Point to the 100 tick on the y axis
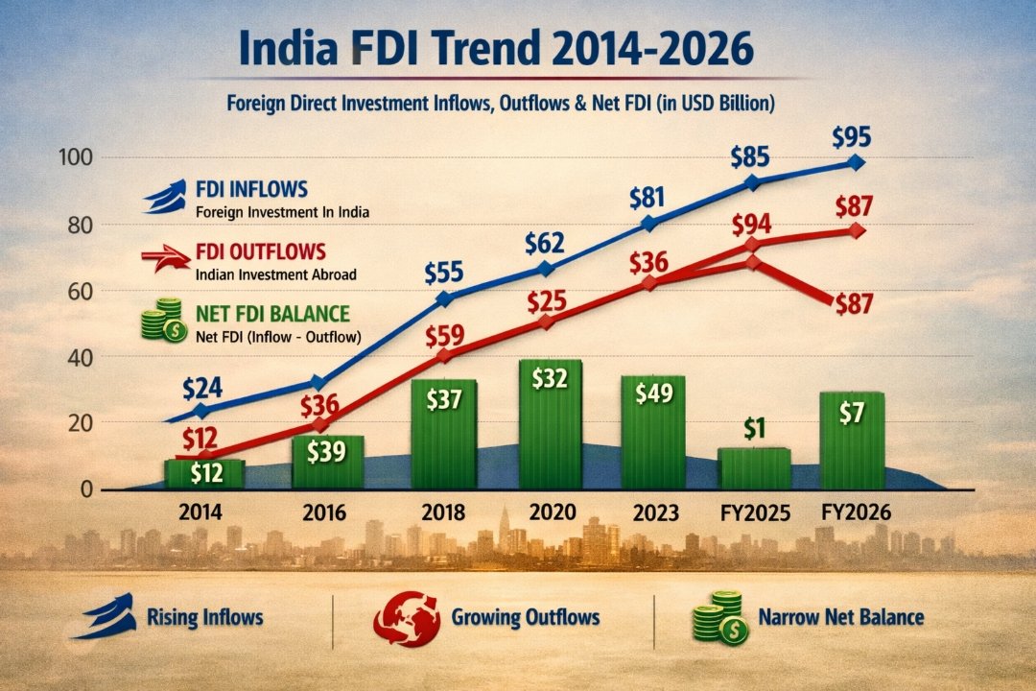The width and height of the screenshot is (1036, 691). (x=77, y=157)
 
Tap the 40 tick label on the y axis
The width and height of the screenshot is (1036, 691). (x=81, y=357)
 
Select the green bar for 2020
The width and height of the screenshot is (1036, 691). (x=551, y=424)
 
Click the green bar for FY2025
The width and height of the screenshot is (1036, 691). (x=755, y=468)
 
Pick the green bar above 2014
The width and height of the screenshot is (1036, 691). (x=204, y=474)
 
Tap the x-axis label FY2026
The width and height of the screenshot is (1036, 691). (x=857, y=512)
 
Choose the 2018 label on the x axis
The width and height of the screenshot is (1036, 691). (x=442, y=512)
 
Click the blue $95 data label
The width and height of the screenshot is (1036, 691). (x=851, y=137)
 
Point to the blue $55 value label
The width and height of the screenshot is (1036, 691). (x=444, y=273)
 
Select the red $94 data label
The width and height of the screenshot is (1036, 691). (x=751, y=225)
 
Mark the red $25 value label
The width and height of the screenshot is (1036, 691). (x=547, y=301)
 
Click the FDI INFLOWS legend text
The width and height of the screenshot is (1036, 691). (x=251, y=189)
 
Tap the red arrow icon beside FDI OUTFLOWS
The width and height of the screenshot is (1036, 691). (x=166, y=258)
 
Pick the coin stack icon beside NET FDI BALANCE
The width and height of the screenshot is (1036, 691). (x=164, y=320)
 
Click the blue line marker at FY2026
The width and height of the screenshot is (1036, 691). (x=856, y=162)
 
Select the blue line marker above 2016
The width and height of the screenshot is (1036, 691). (x=318, y=383)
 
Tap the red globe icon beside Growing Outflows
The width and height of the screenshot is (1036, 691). (x=407, y=618)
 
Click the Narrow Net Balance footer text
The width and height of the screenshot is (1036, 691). (x=841, y=617)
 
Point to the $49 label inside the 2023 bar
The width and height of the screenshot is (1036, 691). (x=653, y=393)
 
